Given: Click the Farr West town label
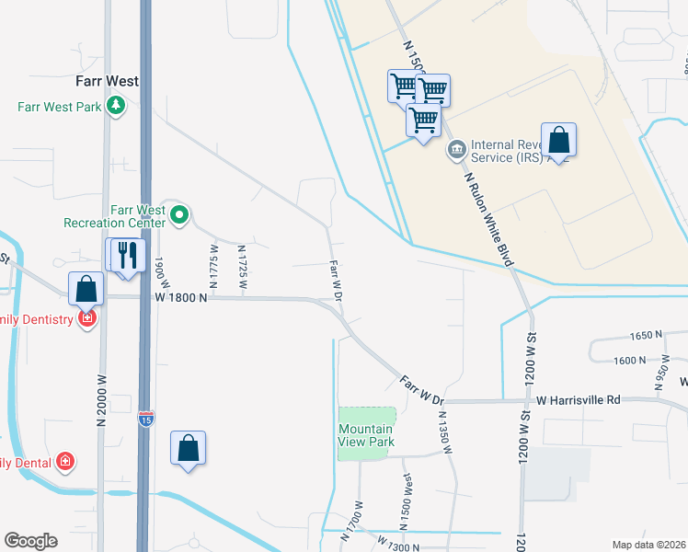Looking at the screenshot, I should pyautogui.click(x=109, y=81).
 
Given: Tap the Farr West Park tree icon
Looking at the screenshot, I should pyautogui.click(x=116, y=107).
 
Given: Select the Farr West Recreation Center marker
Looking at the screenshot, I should pyautogui.click(x=180, y=217).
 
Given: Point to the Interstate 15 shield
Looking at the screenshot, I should pyautogui.click(x=147, y=420).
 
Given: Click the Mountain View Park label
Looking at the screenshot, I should pyautogui.click(x=366, y=435).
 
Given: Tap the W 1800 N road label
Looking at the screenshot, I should pyautogui.click(x=182, y=298).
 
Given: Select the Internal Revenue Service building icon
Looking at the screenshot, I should pyautogui.click(x=455, y=150).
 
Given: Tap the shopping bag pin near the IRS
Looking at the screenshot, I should pyautogui.click(x=558, y=141).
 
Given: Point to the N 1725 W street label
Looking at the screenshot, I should pyautogui.click(x=243, y=267).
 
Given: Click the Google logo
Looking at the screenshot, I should pyautogui.click(x=30, y=541).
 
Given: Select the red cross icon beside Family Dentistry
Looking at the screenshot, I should pyautogui.click(x=87, y=318).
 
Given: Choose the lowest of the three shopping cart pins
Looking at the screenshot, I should pyautogui.click(x=423, y=121).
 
